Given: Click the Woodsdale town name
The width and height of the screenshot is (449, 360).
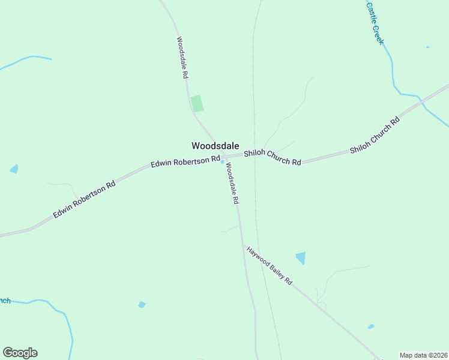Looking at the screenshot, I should (x=215, y=146).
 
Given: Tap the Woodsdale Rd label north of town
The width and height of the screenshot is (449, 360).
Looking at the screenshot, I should (x=182, y=58).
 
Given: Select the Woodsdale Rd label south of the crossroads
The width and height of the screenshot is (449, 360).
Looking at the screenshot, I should (x=232, y=184).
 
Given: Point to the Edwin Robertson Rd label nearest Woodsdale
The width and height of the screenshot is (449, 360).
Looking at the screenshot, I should (x=185, y=161).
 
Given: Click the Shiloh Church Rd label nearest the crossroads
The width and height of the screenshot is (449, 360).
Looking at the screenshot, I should (x=272, y=158).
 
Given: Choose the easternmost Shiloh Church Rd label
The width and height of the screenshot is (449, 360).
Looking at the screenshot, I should (x=375, y=136).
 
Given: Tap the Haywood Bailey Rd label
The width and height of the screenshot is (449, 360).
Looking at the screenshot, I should (x=268, y=265).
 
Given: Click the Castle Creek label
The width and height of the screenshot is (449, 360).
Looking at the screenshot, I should (x=375, y=23).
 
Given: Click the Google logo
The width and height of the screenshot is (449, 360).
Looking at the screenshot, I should (x=20, y=353).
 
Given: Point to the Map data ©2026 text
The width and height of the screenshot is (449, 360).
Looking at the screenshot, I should (x=423, y=355).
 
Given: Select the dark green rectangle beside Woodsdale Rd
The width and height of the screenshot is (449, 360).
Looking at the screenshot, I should (x=197, y=103).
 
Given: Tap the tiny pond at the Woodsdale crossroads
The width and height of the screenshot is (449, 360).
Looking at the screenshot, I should (x=223, y=161).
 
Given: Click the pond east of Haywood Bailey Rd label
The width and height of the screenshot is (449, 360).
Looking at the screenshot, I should (x=301, y=258).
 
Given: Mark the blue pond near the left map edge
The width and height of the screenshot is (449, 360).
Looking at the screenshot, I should (x=14, y=169).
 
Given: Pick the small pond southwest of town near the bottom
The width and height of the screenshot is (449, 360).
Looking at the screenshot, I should (x=142, y=305).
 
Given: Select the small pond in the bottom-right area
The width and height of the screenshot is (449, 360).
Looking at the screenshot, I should (x=371, y=327).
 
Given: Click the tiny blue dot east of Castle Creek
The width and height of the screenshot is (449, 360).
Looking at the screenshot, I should (x=427, y=47).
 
